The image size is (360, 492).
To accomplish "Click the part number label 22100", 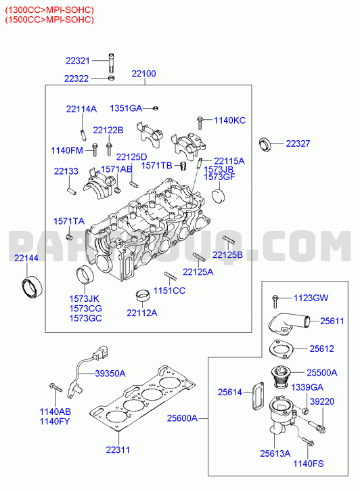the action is click(x=143, y=74).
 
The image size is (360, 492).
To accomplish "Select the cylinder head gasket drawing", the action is click(x=142, y=399).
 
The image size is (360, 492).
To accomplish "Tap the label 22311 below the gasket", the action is click(x=118, y=449).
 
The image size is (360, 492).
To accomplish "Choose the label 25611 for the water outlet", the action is click(x=332, y=321).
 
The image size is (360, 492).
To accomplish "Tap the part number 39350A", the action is click(x=110, y=374).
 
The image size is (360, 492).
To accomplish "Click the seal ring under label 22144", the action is click(x=32, y=288).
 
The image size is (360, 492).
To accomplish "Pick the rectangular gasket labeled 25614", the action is click(x=258, y=396).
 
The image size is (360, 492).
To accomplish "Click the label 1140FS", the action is click(x=308, y=464).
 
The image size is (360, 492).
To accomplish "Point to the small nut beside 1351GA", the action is click(x=155, y=108).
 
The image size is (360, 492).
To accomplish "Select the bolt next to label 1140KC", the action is click(x=200, y=122).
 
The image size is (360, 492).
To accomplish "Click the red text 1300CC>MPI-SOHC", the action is click(x=49, y=10).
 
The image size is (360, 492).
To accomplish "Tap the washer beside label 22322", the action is click(x=111, y=78).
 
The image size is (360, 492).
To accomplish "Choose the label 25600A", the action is click(x=182, y=418).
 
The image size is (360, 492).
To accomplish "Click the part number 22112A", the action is click(x=142, y=313).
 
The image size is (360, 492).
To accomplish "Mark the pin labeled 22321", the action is click(x=111, y=64).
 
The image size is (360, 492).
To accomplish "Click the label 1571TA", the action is click(x=69, y=221).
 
